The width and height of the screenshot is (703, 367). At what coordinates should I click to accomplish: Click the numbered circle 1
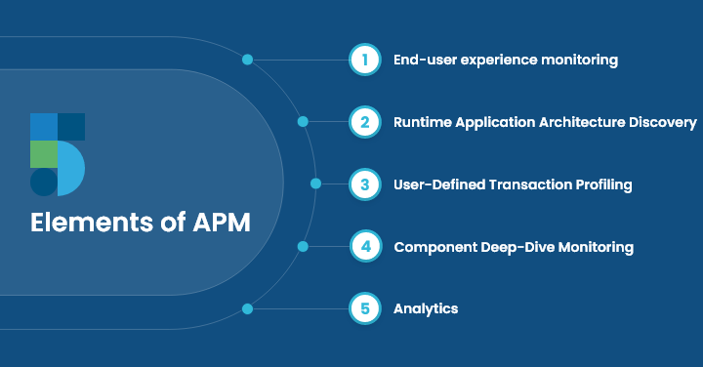pos(364,60)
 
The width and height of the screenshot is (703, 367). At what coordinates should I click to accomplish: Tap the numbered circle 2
pos(364,122)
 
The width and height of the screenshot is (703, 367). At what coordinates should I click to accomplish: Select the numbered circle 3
pos(364,183)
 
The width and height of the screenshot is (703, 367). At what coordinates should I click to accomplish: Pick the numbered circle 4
pos(364,246)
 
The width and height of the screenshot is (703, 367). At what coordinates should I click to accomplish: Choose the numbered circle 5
pos(364,308)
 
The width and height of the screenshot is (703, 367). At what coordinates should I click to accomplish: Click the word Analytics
pos(426,308)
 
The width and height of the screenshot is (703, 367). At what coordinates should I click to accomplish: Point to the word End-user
pos(423,60)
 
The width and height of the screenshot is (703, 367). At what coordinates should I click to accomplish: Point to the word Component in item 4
pos(431,247)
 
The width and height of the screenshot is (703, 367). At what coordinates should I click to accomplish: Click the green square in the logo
pos(43,154)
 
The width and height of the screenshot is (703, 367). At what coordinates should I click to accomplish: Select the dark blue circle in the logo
pos(43,183)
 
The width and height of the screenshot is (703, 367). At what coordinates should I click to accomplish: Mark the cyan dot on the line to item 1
pos(247,60)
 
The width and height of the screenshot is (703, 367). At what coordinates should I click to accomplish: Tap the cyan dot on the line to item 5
pos(247,308)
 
